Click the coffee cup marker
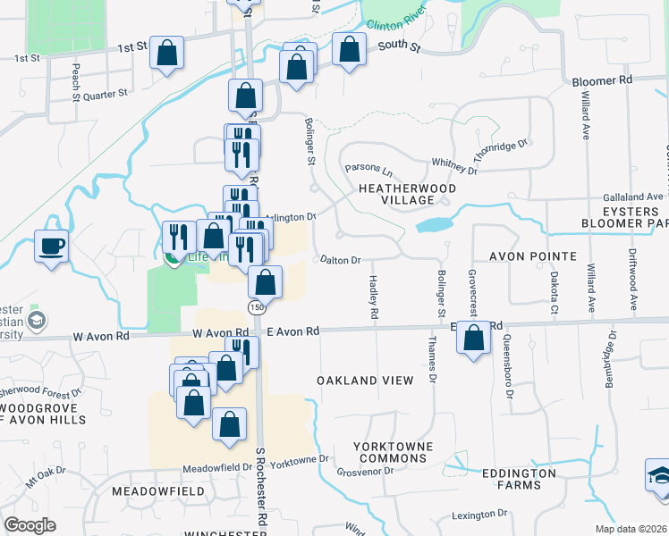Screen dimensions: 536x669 click(52, 245)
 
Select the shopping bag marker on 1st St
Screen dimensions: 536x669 click(167, 52)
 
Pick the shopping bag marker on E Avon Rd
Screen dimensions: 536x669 click(475, 338)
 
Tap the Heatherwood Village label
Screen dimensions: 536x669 click(407, 195)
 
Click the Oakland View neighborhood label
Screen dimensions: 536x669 click(366, 381)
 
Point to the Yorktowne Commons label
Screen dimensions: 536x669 click(393, 452)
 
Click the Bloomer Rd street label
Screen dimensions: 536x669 click(602, 80)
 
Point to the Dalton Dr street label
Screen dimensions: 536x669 click(341, 261)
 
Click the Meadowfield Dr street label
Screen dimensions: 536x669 click(217, 467)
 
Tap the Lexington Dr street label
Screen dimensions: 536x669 click(479, 515)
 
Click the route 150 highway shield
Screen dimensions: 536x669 click(257, 307)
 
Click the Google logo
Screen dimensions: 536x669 click(30, 525)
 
